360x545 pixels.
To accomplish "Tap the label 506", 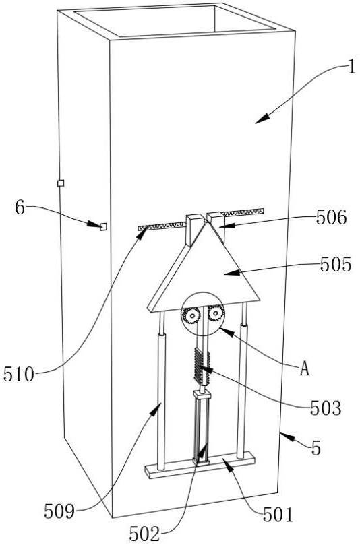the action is click(x=331, y=218).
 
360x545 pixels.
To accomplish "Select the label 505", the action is click(x=336, y=265).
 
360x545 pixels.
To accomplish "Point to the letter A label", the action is click(x=304, y=369).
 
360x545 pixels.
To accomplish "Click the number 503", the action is click(x=325, y=408).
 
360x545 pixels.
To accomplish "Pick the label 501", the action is click(x=278, y=515).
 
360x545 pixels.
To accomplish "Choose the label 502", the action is click(x=145, y=534).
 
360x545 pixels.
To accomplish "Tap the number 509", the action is click(x=59, y=511).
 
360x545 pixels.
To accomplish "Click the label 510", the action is click(x=19, y=375).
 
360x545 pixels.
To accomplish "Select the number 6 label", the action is click(x=20, y=208).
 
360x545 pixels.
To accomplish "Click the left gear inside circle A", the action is click(x=191, y=315).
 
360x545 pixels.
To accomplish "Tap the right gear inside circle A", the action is click(x=216, y=314).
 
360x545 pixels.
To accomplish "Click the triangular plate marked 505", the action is click(x=205, y=275).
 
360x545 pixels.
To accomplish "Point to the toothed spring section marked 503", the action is click(x=202, y=367).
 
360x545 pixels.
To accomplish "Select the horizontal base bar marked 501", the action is click(x=200, y=465).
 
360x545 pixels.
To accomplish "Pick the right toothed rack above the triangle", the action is click(x=244, y=212).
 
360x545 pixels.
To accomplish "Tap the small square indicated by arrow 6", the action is click(x=103, y=226).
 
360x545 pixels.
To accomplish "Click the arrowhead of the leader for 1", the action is click(x=262, y=119).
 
